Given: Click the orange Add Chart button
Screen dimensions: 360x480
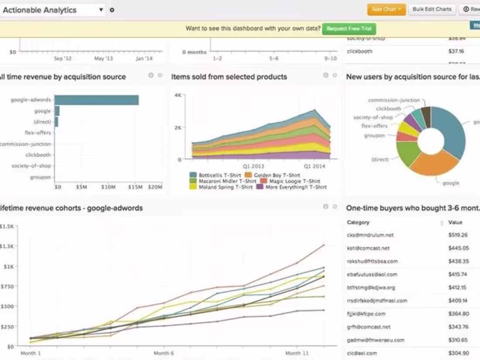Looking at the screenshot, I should click(386, 9).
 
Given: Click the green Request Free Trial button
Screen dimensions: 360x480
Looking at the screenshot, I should click(349, 29).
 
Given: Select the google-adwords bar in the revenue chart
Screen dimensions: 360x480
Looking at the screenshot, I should click(96, 100).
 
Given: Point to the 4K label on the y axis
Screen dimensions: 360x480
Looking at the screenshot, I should click(177, 95).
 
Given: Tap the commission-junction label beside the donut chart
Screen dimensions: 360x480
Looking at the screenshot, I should click(394, 100).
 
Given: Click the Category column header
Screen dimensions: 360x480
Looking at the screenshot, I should click(358, 222).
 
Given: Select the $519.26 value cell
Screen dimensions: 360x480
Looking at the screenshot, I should click(458, 235).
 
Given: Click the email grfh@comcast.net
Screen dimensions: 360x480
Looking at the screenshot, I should click(369, 327).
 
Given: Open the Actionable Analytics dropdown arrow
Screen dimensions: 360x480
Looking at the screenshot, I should click(101, 10).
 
